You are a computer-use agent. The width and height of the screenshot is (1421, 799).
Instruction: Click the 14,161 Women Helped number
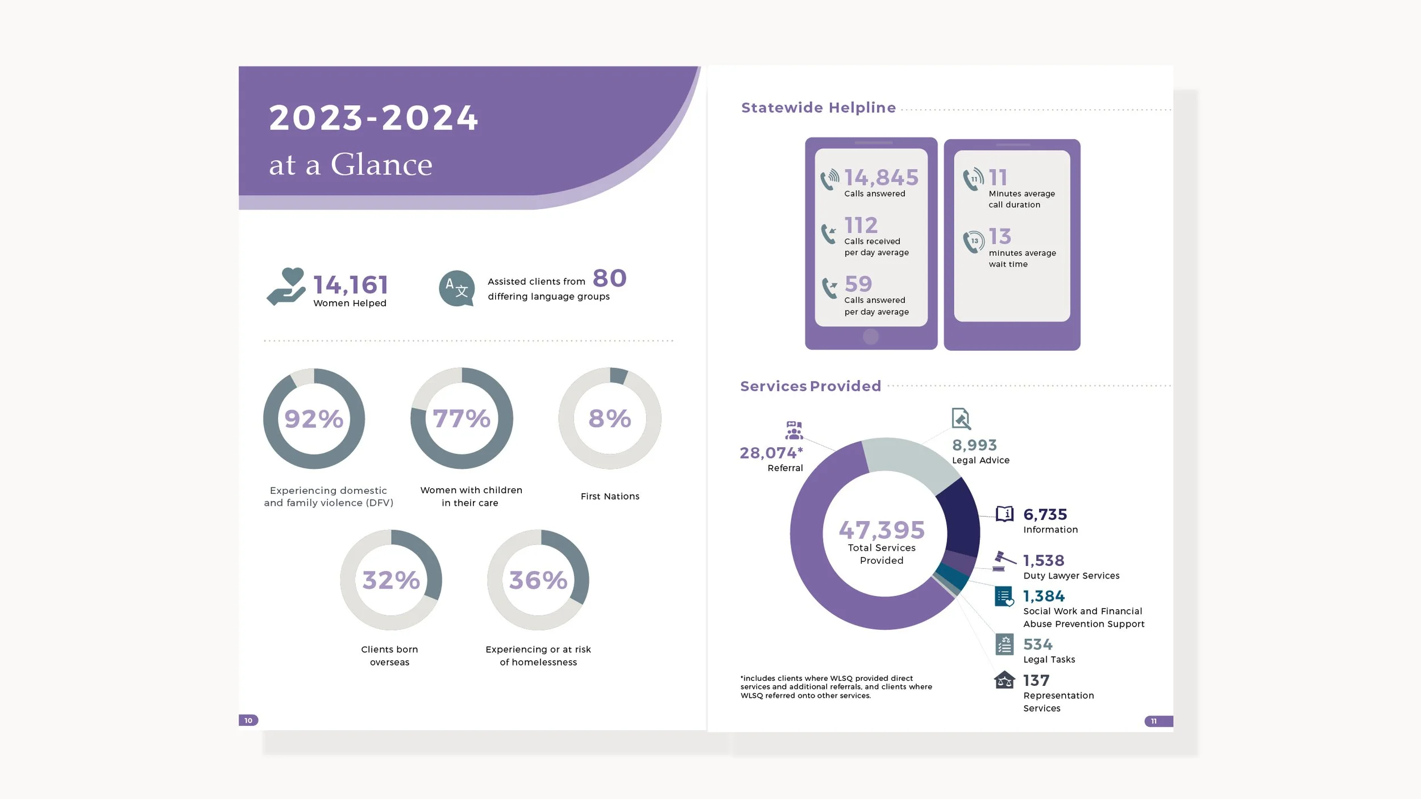coord(351,285)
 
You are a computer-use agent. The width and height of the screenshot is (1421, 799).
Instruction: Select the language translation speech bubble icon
coord(457,289)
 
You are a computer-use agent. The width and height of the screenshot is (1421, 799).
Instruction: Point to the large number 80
coord(609,278)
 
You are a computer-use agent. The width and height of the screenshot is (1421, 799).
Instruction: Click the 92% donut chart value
coord(314,419)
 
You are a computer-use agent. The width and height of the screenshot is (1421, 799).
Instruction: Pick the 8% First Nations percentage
coord(610,419)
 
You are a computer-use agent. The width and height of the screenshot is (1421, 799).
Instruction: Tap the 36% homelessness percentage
coord(538,580)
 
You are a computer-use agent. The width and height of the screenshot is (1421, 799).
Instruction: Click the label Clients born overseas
coord(389,656)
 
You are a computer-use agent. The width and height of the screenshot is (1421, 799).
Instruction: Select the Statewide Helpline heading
coord(818,107)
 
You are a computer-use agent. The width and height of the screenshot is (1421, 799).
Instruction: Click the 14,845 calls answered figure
coord(881,178)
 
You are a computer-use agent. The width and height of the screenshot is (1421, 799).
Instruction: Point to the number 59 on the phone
coord(858,284)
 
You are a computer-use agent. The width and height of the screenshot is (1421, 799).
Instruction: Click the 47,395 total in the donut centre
coord(882,530)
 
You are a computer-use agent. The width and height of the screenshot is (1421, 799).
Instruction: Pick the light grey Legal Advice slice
coord(909,463)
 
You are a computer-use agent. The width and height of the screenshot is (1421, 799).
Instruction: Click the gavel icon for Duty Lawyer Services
coord(1004,560)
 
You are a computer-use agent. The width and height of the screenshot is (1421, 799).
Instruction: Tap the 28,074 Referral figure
coord(771,453)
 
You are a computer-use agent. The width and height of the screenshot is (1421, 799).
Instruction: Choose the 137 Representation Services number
coord(1036,680)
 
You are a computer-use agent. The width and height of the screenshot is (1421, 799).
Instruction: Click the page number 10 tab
coord(248,721)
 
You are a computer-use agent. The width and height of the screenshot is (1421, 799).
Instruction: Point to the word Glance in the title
coord(381,165)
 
